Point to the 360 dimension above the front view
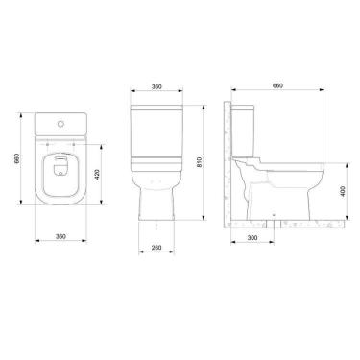tap(156, 87)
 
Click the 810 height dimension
tap(197, 163)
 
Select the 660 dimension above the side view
tap(277, 86)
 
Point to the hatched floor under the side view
tap(288, 223)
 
